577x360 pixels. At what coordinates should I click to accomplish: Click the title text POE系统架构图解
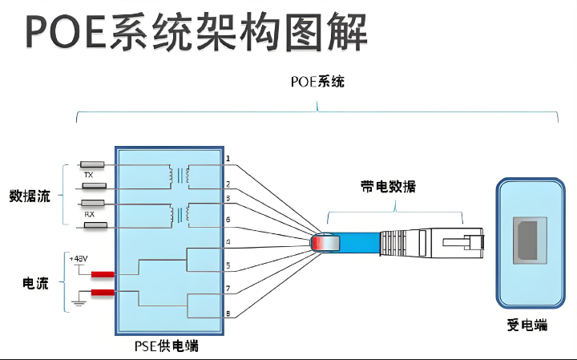point(197,32)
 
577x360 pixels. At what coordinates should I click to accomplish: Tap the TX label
point(88,173)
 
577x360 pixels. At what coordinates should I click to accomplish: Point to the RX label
point(90,216)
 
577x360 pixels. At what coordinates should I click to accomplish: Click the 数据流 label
point(30,196)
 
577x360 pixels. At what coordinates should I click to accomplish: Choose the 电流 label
point(35,283)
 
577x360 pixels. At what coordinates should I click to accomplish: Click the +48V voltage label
point(78,259)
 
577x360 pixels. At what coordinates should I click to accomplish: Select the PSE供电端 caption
point(167,346)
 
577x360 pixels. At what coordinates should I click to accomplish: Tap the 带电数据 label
point(388,187)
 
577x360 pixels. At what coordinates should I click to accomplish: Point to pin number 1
point(228,159)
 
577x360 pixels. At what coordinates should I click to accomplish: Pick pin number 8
point(228,313)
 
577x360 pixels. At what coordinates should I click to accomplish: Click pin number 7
point(228,288)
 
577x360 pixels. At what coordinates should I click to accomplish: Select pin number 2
point(228,184)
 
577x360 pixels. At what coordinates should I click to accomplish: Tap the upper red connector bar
point(102,275)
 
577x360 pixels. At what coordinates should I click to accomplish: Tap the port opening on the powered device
point(527,240)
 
